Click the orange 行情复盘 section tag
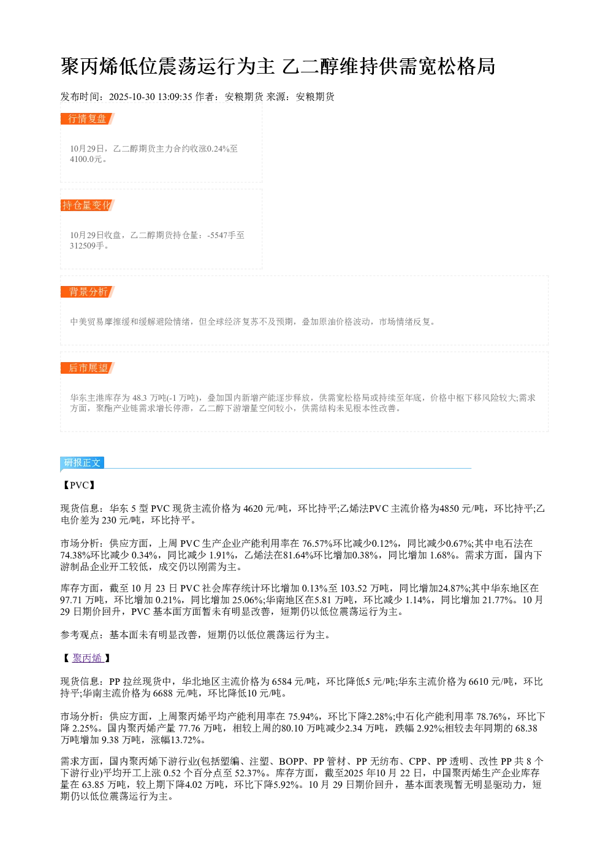(x=87, y=119)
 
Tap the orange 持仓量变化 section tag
(x=87, y=205)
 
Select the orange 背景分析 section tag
(x=87, y=292)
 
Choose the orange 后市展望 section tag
(x=87, y=368)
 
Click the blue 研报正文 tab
(x=82, y=462)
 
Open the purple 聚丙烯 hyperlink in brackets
(x=88, y=658)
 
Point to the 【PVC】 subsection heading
(x=78, y=485)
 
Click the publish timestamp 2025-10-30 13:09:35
(x=150, y=97)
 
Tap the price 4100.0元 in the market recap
(x=86, y=159)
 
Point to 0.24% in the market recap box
(x=218, y=149)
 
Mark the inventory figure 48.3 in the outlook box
(x=140, y=398)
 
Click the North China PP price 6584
(x=282, y=681)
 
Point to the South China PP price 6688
(x=163, y=693)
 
